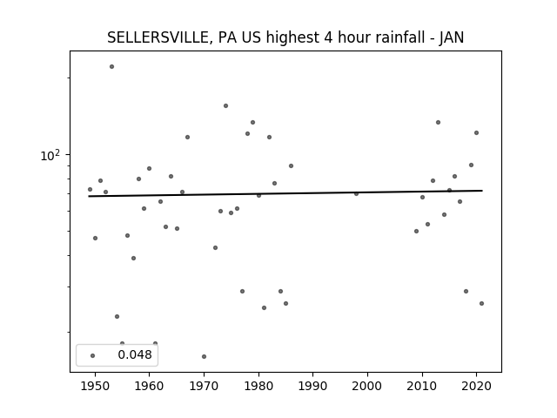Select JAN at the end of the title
click(452, 37)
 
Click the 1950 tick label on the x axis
click(95, 386)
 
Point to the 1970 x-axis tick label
click(204, 386)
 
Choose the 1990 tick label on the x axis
click(313, 386)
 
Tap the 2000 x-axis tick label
click(367, 386)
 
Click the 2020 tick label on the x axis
click(476, 386)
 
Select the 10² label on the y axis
click(50, 155)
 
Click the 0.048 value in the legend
click(135, 354)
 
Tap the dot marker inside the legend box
click(93, 355)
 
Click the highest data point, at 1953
click(112, 67)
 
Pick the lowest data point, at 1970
click(204, 356)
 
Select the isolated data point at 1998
click(356, 193)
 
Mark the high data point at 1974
click(225, 106)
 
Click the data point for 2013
click(438, 122)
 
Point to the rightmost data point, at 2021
click(481, 304)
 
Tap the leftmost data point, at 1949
click(90, 190)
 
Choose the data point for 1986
click(291, 166)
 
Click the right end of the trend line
click(482, 191)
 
